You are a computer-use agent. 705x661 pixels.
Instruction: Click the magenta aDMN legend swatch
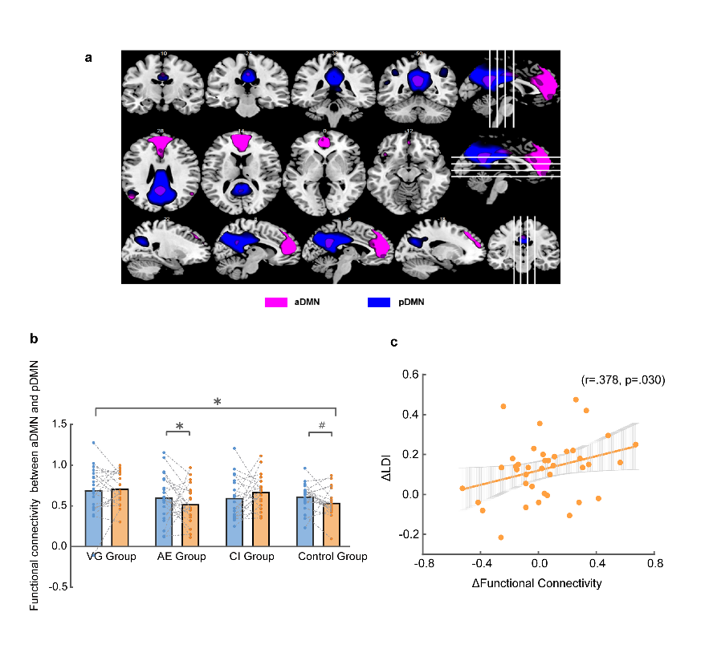pyautogui.click(x=276, y=302)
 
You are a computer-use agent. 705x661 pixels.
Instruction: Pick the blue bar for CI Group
pyautogui.click(x=238, y=522)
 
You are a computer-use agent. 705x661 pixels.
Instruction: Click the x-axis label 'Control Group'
pyautogui.click(x=332, y=557)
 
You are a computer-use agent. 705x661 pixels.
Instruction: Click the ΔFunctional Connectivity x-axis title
pyautogui.click(x=538, y=583)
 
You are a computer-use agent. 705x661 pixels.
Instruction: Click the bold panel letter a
pyautogui.click(x=88, y=58)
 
